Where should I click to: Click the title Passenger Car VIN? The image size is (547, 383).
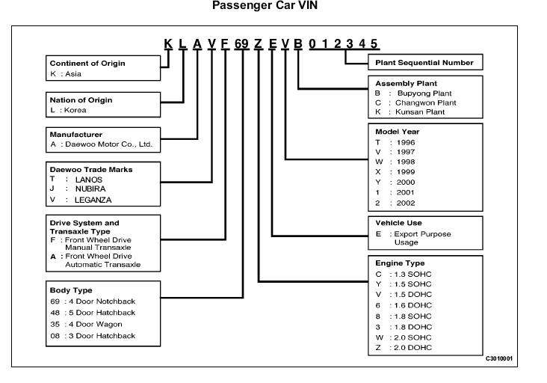click(x=265, y=5)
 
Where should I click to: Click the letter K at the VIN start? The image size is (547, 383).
click(x=168, y=43)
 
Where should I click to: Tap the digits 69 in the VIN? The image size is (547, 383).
click(x=241, y=43)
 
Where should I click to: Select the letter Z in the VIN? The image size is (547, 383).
click(x=258, y=43)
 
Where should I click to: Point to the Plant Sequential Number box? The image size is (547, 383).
click(x=425, y=62)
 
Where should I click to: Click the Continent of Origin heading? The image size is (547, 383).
click(x=87, y=63)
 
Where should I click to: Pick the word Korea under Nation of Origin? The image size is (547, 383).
click(x=75, y=110)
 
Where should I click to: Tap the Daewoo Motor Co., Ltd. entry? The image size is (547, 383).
click(x=109, y=144)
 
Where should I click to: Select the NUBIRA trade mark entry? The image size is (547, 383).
click(x=90, y=189)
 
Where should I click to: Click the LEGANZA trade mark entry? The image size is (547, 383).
click(x=93, y=200)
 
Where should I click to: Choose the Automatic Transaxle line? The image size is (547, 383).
click(x=102, y=265)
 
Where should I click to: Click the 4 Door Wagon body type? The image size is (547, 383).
click(x=95, y=325)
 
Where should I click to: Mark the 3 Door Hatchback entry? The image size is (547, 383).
click(x=102, y=336)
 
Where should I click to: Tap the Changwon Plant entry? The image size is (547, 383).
click(x=426, y=102)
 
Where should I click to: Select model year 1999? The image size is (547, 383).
click(x=406, y=172)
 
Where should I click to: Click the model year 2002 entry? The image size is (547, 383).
click(x=406, y=203)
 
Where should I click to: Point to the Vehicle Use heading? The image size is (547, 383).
click(x=398, y=223)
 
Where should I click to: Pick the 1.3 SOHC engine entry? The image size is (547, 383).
click(x=412, y=274)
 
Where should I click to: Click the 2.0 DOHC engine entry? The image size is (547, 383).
click(x=412, y=348)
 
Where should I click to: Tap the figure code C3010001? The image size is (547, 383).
click(x=499, y=358)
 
